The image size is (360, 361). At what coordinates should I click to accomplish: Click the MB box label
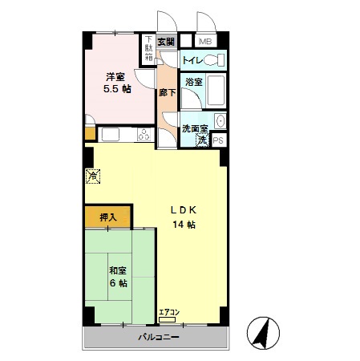pyautogui.click(x=205, y=41)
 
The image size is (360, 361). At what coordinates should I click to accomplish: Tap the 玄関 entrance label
pyautogui.click(x=166, y=42)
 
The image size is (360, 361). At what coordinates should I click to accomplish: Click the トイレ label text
pyautogui.click(x=192, y=60)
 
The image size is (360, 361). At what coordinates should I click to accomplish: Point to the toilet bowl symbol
pyautogui.click(x=213, y=60)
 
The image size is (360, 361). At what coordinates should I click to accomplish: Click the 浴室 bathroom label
pyautogui.click(x=193, y=82)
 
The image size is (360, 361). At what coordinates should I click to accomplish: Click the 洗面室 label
pyautogui.click(x=194, y=128)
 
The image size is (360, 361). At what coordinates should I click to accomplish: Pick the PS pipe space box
pyautogui.click(x=219, y=140)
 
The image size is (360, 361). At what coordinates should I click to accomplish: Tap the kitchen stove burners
pyautogui.click(x=144, y=134)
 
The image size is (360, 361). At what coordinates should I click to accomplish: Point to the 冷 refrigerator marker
pyautogui.click(x=93, y=173)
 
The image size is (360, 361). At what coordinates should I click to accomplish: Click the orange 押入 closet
pyautogui.click(x=108, y=216)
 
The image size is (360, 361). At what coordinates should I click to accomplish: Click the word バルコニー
pyautogui.click(x=156, y=337)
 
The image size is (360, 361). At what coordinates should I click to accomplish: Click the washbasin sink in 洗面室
pyautogui.click(x=220, y=121)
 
